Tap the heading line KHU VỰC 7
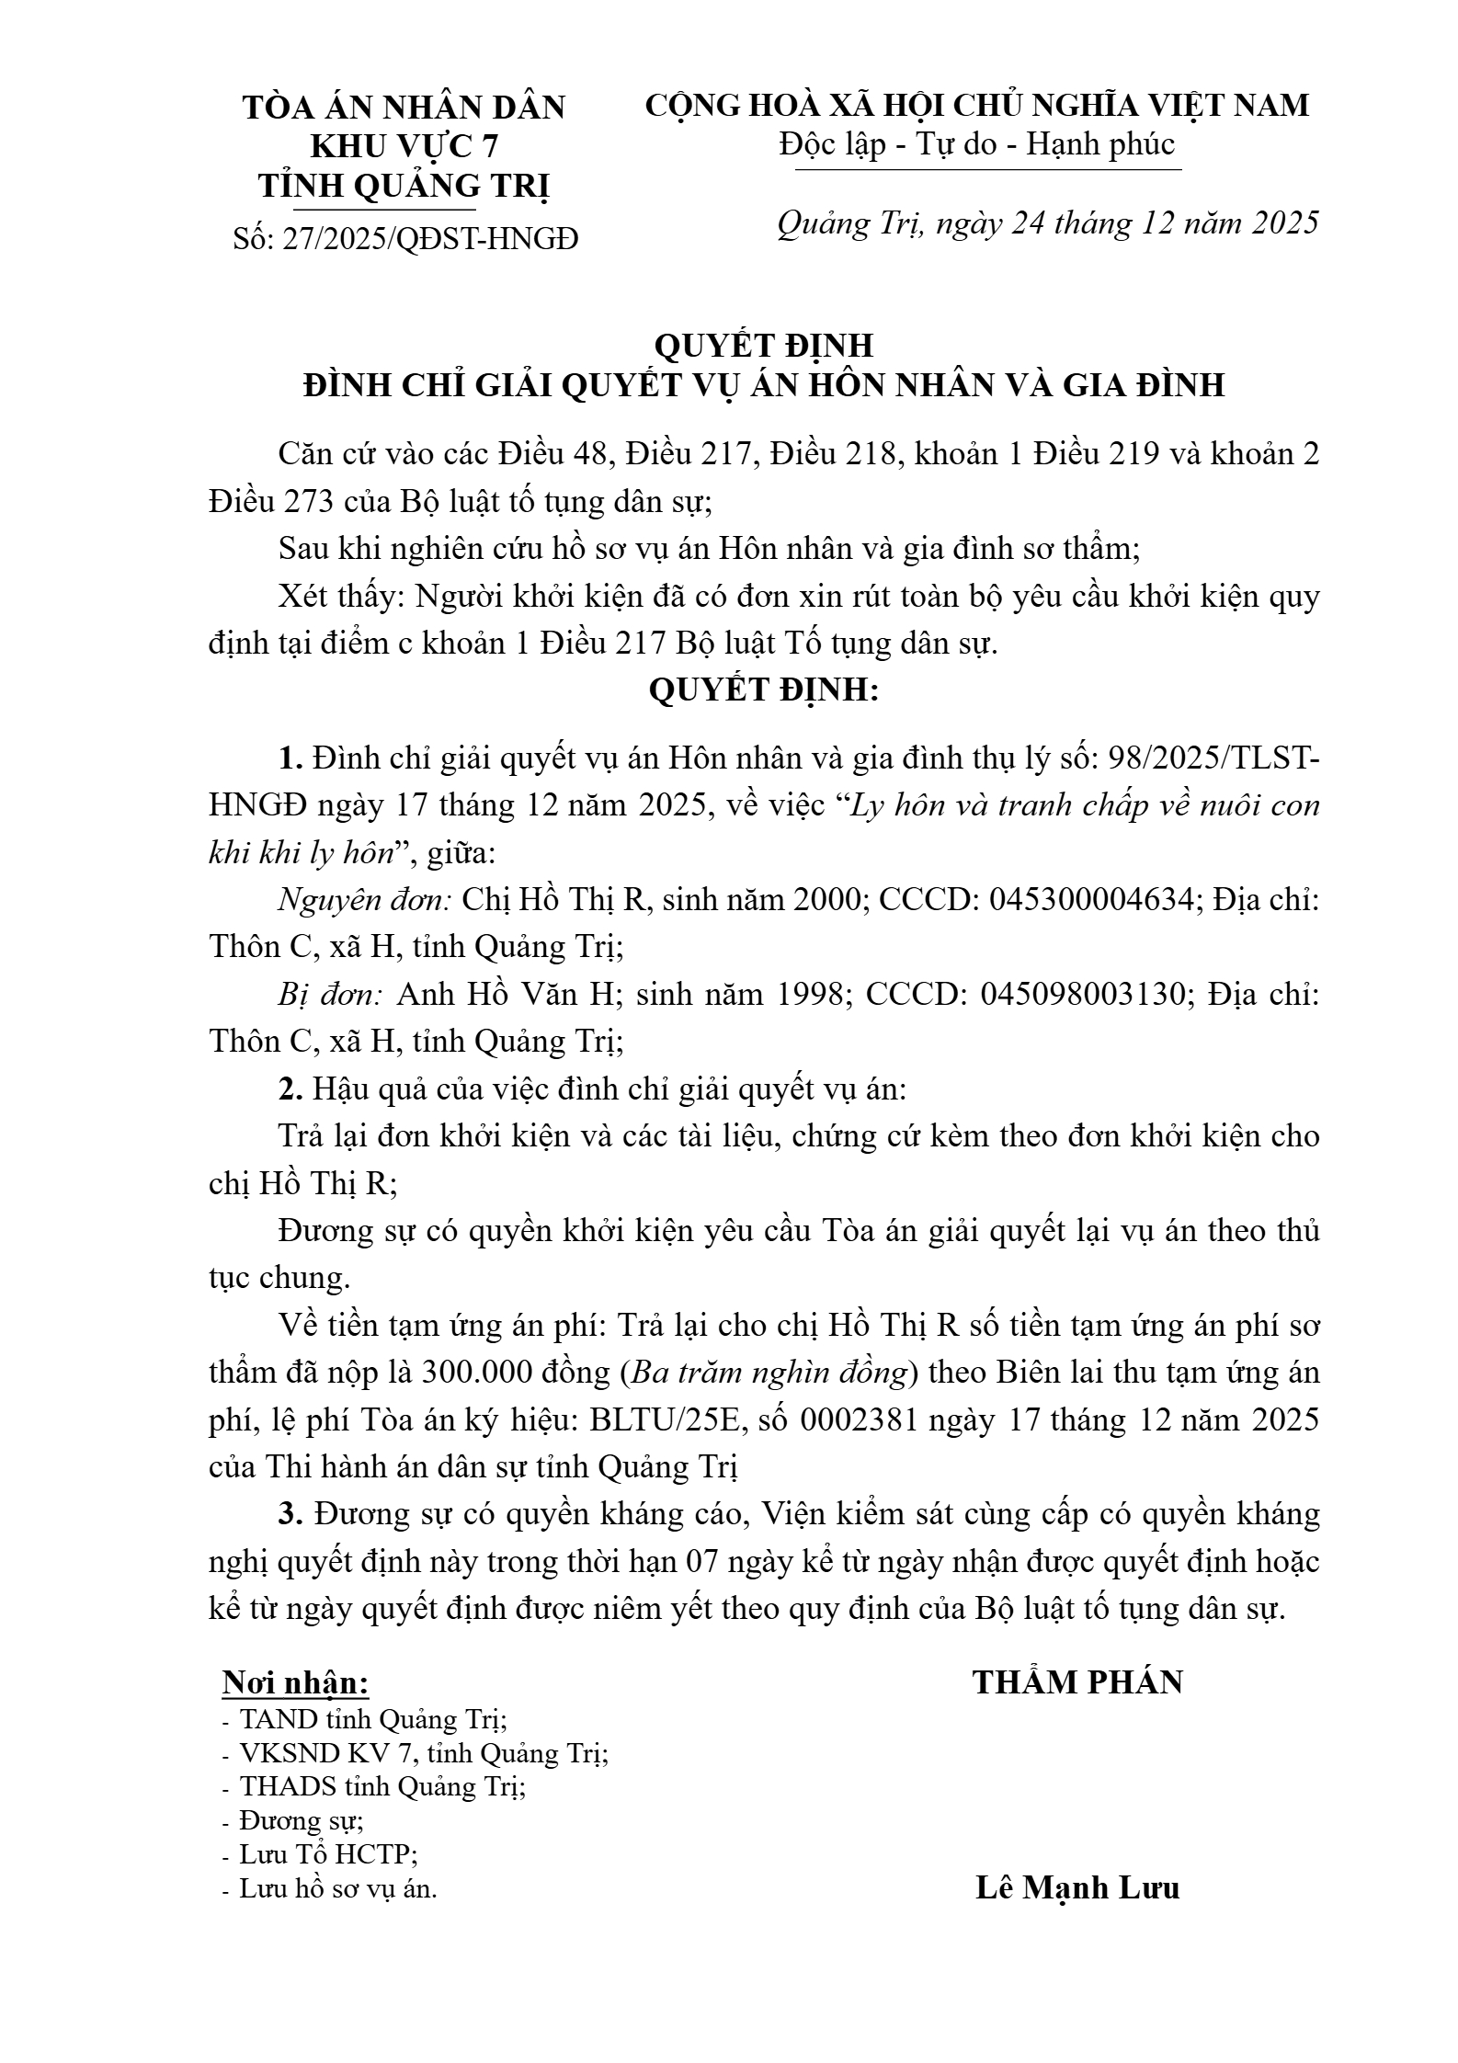[x=404, y=147]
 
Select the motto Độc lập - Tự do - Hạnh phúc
[x=977, y=144]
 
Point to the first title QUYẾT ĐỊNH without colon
[x=763, y=346]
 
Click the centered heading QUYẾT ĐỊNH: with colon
[x=763, y=690]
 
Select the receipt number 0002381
[x=859, y=1420]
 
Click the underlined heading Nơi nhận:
[x=296, y=1682]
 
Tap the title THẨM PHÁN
[x=1077, y=1682]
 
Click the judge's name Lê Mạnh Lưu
[x=1077, y=1888]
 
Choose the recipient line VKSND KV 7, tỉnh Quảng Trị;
[x=423, y=1754]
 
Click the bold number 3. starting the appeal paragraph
[x=291, y=1514]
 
